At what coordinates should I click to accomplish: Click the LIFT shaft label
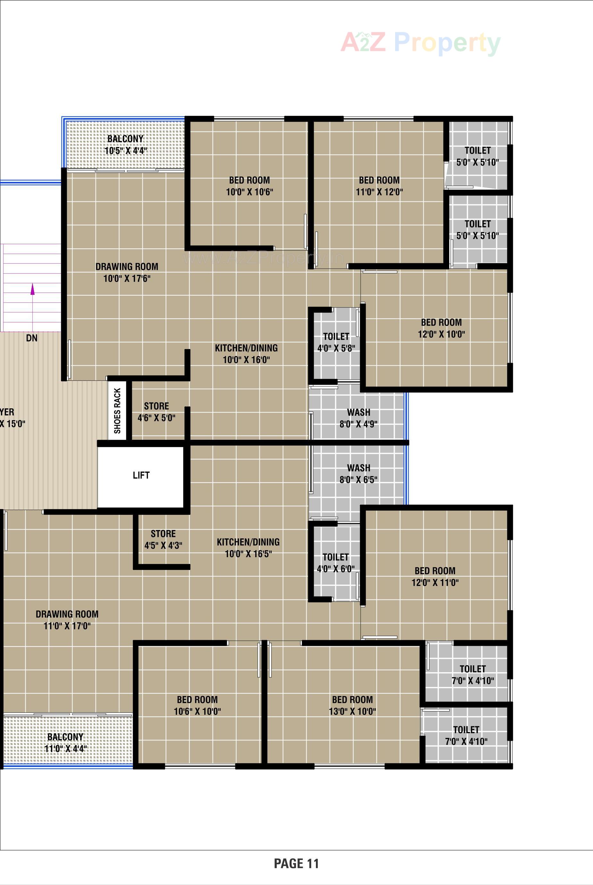[141, 475]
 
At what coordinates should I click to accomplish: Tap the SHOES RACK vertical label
[117, 410]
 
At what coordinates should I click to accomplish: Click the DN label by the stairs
[32, 338]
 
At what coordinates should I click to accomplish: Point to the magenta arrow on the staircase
[32, 289]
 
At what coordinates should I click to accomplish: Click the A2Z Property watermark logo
[420, 42]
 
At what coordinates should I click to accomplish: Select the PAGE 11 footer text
[296, 864]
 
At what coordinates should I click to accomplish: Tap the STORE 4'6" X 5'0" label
[156, 412]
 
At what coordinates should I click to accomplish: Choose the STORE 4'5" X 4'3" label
[163, 539]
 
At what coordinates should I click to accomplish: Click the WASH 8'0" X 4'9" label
[359, 418]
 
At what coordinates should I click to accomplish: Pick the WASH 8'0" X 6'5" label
[359, 473]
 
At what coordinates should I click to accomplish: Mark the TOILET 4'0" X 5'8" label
[336, 342]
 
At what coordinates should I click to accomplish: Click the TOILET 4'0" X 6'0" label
[335, 563]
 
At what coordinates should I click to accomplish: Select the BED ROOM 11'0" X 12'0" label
[379, 186]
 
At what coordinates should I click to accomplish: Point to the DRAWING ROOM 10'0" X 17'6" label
[127, 272]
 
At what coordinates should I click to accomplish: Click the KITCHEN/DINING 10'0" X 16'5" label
[248, 548]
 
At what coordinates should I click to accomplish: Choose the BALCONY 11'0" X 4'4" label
[65, 742]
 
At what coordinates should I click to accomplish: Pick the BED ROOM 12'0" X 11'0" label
[435, 576]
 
